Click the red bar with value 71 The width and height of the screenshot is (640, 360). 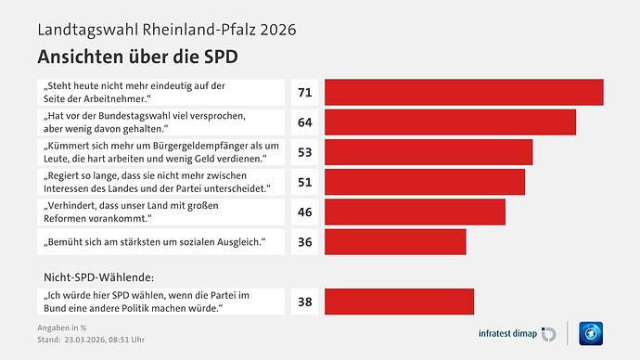pos(464,92)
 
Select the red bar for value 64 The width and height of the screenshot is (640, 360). pos(450,122)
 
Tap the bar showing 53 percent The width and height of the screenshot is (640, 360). pos(429,152)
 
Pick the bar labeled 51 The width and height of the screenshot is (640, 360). pos(425,182)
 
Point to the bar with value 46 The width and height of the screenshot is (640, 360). pos(415,212)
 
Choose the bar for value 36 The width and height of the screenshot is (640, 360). pos(395,242)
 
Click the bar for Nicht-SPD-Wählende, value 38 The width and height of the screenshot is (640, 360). pos(399,301)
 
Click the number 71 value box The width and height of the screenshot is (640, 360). pos(304,92)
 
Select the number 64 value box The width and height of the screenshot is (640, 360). pos(304,122)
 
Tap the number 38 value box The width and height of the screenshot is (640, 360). pos(304,301)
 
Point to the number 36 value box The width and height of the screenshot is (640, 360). pos(304,242)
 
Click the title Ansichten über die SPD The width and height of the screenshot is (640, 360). pos(136,55)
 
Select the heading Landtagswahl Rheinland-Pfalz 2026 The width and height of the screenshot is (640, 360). pos(166,28)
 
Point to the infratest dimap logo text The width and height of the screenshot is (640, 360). pos(502,332)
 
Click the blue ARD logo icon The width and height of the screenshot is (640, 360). pos(590,332)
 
